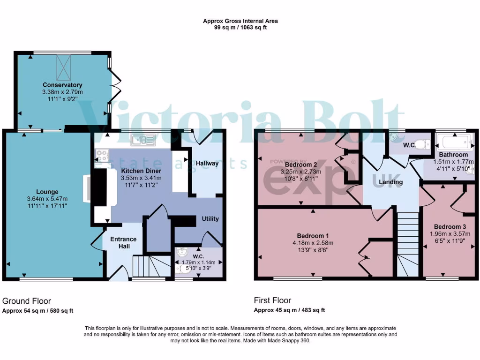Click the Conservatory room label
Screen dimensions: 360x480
pyautogui.click(x=62, y=85)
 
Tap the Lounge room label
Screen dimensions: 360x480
pyautogui.click(x=47, y=192)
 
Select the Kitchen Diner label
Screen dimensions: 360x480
pyautogui.click(x=141, y=171)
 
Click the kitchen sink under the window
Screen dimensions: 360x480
pyautogui.click(x=142, y=139)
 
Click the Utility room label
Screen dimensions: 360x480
pyautogui.click(x=210, y=219)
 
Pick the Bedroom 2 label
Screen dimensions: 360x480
pyautogui.click(x=302, y=165)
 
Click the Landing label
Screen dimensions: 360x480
pyautogui.click(x=390, y=182)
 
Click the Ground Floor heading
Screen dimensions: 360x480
pyautogui.click(x=27, y=301)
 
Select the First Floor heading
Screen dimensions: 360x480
pyautogui.click(x=272, y=300)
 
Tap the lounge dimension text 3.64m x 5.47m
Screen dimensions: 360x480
pyautogui.click(x=48, y=199)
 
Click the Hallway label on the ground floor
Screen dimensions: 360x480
pyautogui.click(x=207, y=164)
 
